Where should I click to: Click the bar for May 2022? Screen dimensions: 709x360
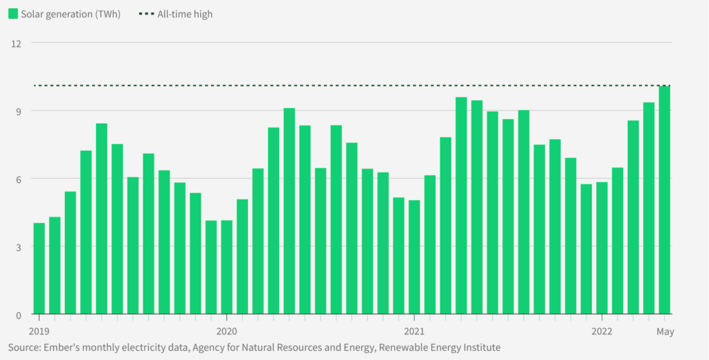pyautogui.click(x=664, y=200)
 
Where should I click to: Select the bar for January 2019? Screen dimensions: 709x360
pyautogui.click(x=39, y=269)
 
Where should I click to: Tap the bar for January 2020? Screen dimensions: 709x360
pyautogui.click(x=226, y=267)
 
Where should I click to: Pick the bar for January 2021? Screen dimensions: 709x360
pyautogui.click(x=414, y=257)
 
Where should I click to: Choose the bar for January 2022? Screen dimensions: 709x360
pyautogui.click(x=602, y=248)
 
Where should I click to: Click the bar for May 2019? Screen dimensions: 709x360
pyautogui.click(x=102, y=219)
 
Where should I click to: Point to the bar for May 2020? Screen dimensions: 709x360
pyautogui.click(x=289, y=211)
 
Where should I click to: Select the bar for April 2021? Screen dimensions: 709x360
pyautogui.click(x=461, y=206)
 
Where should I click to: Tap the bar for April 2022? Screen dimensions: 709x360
pyautogui.click(x=649, y=208)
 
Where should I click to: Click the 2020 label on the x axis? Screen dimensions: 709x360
pyautogui.click(x=226, y=332)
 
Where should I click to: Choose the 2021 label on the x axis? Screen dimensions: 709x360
pyautogui.click(x=414, y=332)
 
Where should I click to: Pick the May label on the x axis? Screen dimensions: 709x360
pyautogui.click(x=665, y=332)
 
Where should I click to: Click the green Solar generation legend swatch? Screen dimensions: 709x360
pyautogui.click(x=13, y=14)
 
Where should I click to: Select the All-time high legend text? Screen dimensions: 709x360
pyautogui.click(x=185, y=15)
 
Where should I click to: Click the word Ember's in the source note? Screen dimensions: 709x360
pyautogui.click(x=57, y=348)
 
